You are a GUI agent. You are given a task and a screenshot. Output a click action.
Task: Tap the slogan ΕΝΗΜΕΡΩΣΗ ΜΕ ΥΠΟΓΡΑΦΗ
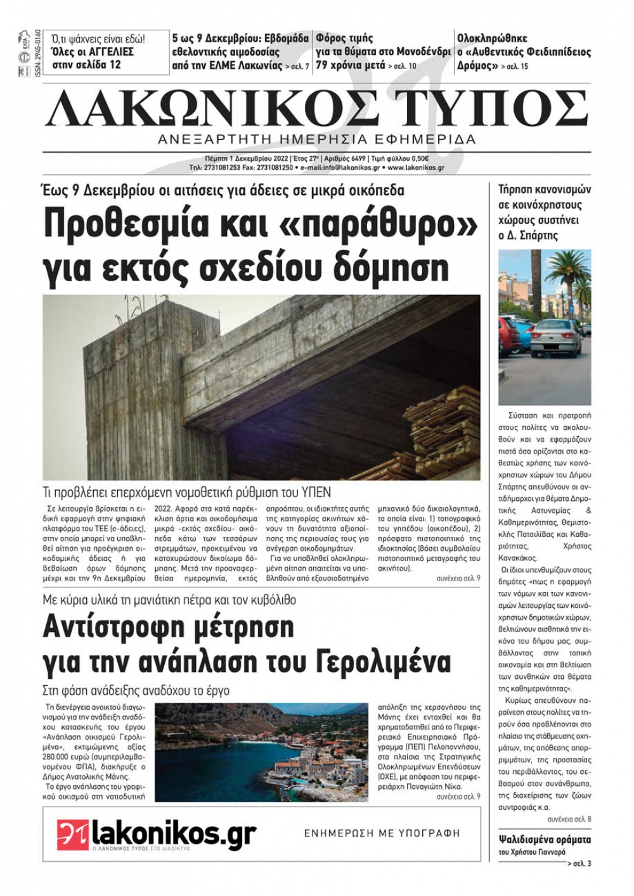pyautogui.click(x=382, y=833)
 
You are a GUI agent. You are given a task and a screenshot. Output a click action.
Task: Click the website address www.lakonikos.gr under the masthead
pyautogui.click(x=415, y=168)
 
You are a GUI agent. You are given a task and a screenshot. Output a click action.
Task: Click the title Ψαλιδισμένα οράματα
pyautogui.click(x=545, y=840)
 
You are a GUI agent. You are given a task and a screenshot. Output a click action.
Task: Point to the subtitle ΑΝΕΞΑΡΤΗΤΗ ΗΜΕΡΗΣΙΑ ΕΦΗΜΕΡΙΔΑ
pyautogui.click(x=317, y=139)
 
